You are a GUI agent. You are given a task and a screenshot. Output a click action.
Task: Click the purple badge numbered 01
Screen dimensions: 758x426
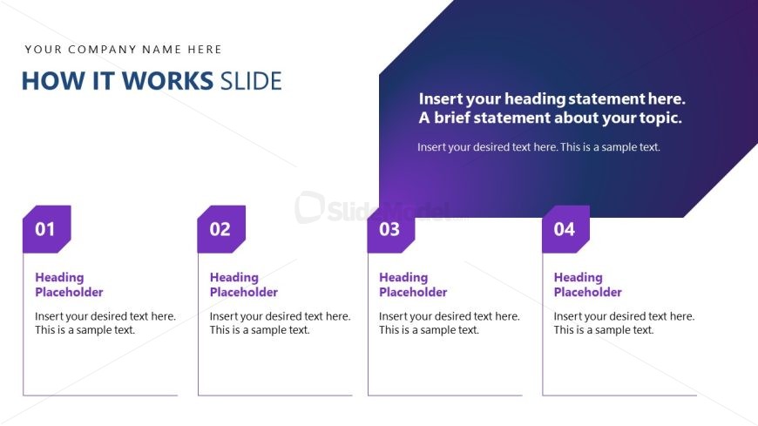[x=47, y=229]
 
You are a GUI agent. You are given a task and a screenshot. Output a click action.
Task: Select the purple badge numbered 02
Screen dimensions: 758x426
[x=221, y=229]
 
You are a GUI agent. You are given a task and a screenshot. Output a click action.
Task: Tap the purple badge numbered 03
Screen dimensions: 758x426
[x=391, y=229]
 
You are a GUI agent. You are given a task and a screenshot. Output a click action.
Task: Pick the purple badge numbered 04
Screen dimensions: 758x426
[x=565, y=229]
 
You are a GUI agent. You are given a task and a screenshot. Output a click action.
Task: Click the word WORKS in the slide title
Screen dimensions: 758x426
[x=167, y=81]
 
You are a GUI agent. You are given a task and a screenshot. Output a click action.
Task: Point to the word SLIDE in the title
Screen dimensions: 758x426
[x=251, y=81]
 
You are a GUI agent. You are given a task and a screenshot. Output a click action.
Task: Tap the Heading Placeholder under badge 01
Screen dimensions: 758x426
[x=69, y=285]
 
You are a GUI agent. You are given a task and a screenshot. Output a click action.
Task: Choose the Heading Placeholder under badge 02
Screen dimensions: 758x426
[x=244, y=285]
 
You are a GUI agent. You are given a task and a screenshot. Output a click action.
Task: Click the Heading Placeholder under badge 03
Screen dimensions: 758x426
[x=413, y=285]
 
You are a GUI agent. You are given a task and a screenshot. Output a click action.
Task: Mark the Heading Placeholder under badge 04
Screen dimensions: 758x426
[x=588, y=285]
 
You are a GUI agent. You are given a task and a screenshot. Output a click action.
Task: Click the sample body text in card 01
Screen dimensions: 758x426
[x=105, y=323]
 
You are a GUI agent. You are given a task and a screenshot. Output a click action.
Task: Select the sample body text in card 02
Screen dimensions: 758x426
[x=280, y=323]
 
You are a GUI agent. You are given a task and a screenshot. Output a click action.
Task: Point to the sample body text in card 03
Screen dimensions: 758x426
[x=449, y=323]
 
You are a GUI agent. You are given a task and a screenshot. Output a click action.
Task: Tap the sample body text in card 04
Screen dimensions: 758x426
[x=624, y=323]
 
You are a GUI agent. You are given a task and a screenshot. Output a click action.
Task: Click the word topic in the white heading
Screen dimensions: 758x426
[x=660, y=118]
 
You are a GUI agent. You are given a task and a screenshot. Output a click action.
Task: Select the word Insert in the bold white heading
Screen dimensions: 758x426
[x=436, y=98]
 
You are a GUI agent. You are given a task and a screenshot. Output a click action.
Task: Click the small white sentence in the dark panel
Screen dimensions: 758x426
[x=538, y=147]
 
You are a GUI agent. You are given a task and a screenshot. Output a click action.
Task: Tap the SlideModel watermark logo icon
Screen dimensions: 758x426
[x=310, y=207]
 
